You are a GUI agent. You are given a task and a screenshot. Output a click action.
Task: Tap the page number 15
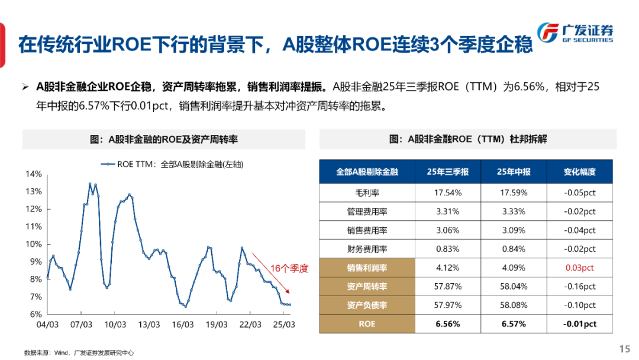coord(624,348)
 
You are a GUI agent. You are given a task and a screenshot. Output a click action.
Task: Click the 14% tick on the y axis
coord(34,174)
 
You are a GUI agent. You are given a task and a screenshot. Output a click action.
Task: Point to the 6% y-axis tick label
coord(35,314)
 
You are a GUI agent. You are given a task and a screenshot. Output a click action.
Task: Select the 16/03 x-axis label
coord(183,325)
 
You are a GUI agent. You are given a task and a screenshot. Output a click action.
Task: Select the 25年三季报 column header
coord(448,172)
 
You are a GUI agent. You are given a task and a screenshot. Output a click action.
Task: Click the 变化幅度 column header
coord(579,172)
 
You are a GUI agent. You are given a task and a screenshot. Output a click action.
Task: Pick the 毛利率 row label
coord(367,193)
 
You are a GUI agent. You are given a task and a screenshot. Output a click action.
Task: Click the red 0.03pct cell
coord(579,268)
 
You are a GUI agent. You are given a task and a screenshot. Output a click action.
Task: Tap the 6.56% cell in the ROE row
coord(448,324)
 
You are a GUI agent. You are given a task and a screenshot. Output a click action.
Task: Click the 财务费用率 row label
coord(367,249)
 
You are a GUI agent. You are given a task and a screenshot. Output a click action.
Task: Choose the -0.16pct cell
coord(579,287)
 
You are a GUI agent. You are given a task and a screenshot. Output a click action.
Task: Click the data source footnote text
coord(79,352)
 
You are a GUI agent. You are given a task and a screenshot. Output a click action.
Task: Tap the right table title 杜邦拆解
coord(468,139)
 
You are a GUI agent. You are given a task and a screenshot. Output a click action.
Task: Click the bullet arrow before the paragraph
coord(25,87)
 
